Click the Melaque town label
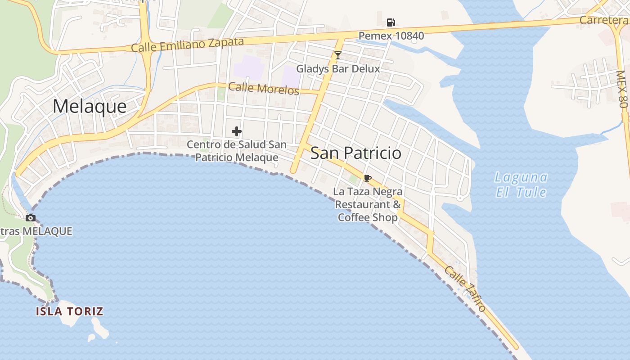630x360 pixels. point(90,107)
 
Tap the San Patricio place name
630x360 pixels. point(355,153)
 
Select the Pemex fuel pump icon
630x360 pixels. point(391,22)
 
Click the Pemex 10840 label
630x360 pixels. point(391,36)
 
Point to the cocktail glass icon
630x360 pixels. point(338,55)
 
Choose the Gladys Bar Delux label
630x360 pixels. point(338,69)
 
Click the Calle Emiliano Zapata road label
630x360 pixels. point(187,45)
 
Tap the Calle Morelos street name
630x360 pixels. point(264,88)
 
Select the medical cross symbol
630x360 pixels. point(237,131)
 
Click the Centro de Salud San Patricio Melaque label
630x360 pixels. point(237,151)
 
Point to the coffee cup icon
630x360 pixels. point(367,178)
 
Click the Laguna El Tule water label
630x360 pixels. point(521,184)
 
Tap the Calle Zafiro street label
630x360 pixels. point(465,288)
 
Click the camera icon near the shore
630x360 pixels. point(31,218)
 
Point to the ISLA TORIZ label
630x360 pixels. point(70,311)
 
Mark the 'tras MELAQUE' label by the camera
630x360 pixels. point(36,231)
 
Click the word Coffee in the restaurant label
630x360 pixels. point(355,218)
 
